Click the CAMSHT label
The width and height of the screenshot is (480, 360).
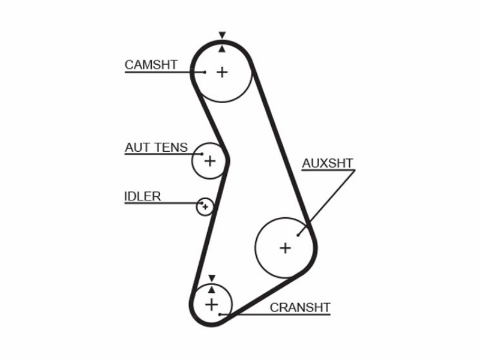coord(151,65)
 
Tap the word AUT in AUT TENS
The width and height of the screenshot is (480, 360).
coord(136,148)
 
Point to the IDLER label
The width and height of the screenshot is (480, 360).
coord(142,196)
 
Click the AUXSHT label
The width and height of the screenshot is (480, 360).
coord(328,163)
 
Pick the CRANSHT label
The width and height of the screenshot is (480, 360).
coord(300,308)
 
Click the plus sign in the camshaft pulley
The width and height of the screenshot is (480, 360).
coord(222,73)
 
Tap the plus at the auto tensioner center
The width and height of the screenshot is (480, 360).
coord(210,161)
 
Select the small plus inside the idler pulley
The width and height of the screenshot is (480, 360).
coord(205,207)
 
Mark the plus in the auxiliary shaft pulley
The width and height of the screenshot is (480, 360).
coord(286,248)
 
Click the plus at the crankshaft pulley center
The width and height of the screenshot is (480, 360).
coord(212,305)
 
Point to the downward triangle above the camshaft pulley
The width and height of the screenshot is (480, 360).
coord(222,35)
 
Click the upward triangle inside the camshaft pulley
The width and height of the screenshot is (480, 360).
coord(222,49)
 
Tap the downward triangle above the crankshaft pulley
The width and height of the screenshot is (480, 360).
coord(212,278)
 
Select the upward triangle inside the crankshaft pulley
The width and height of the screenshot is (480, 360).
coord(212,289)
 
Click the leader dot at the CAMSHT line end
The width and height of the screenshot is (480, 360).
coord(205,72)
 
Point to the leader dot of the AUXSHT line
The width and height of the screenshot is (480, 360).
coord(298,235)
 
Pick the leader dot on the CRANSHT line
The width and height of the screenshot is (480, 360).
coord(220,314)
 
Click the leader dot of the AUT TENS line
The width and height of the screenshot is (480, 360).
coord(202,154)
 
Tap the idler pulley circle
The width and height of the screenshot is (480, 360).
coord(197,207)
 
